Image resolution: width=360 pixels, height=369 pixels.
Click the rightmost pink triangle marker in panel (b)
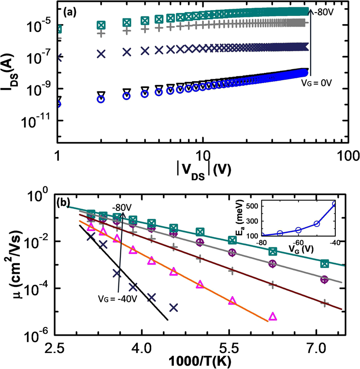[x=273, y=316]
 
